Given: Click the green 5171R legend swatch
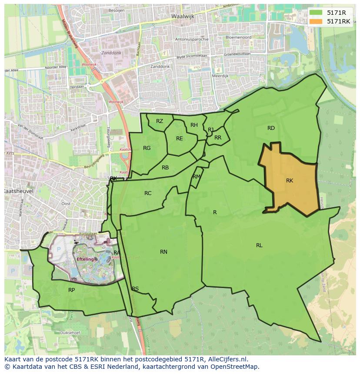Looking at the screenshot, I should pyautogui.click(x=316, y=12).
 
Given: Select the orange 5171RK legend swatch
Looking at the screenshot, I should pyautogui.click(x=316, y=21).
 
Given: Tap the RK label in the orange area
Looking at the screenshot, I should pyautogui.click(x=290, y=181).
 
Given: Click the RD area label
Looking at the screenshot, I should pyautogui.click(x=271, y=128).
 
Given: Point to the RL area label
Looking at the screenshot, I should pyautogui.click(x=259, y=245).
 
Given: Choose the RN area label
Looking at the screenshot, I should pyautogui.click(x=163, y=252).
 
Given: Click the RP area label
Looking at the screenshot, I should pyautogui.click(x=72, y=290).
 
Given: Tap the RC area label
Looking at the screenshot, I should pyautogui.click(x=148, y=193).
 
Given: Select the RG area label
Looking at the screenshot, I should pyautogui.click(x=147, y=148).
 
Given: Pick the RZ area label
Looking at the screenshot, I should pyautogui.click(x=160, y=121).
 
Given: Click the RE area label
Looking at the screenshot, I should pyautogui.click(x=180, y=139).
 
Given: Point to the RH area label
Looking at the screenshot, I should pyautogui.click(x=194, y=125).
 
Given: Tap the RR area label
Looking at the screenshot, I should pyautogui.click(x=218, y=138).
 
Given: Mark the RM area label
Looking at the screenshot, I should pyautogui.click(x=197, y=177).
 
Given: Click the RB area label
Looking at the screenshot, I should pyautogui.click(x=165, y=168).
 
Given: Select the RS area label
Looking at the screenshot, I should pyautogui.click(x=135, y=289).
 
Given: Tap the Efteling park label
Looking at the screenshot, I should pyautogui.click(x=85, y=259).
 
